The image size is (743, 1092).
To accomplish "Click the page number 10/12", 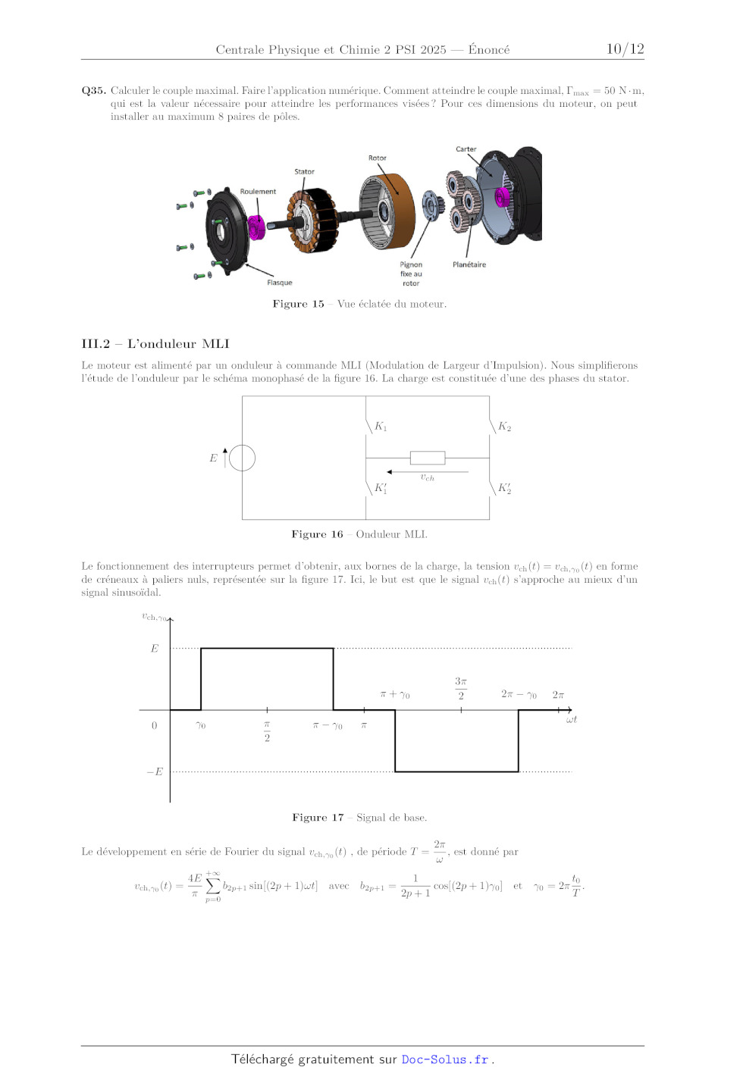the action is pos(625,48).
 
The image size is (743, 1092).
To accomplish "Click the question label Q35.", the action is pos(94,91).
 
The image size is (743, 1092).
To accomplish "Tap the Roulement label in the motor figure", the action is pos(258,192).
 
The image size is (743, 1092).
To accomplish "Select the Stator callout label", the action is pos(305,171).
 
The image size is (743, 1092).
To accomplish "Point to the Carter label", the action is pos(466,149).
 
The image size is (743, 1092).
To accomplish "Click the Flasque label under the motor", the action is pos(280,283).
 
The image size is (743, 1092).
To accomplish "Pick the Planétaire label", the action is pos(469,264).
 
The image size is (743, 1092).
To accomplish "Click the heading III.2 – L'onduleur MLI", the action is pos(155,344).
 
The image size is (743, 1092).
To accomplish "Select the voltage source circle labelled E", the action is pos(242,458).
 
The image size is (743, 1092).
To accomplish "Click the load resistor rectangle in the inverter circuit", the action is pos(428,458).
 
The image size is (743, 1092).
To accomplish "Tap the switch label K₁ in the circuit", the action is pos(381,427).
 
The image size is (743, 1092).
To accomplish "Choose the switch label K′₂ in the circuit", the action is pos(504,488).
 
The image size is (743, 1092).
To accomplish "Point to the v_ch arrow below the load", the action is pos(428,472).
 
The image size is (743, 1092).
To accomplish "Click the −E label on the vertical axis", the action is pos(155,771).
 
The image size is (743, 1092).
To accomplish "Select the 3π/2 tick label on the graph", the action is pos(461,688).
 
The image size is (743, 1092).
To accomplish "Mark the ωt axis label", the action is pos(571,720).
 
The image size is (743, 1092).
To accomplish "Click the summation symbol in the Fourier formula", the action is pos(213,887).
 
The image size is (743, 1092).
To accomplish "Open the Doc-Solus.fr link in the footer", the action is pos(445,1059).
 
